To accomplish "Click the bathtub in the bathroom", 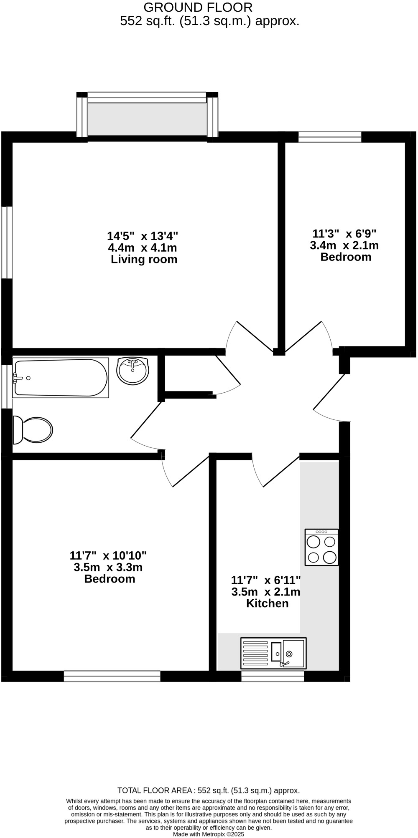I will [x=61, y=378].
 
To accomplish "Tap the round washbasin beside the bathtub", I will [x=133, y=370].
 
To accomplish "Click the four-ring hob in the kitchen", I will [x=321, y=548].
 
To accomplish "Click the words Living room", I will [x=144, y=260].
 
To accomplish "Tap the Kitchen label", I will [x=267, y=603].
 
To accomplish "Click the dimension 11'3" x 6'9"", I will [x=344, y=233].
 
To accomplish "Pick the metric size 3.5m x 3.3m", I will [x=108, y=567].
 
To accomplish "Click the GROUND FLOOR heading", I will [x=198, y=7].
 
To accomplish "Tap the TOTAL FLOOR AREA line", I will [x=209, y=790].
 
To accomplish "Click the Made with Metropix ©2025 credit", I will [x=209, y=834].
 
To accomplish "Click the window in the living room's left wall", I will [x=7, y=242].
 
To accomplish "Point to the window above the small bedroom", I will [x=330, y=137].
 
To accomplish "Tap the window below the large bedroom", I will [x=112, y=676].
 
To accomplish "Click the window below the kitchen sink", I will [x=273, y=676].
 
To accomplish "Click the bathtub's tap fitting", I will [x=18, y=378].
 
